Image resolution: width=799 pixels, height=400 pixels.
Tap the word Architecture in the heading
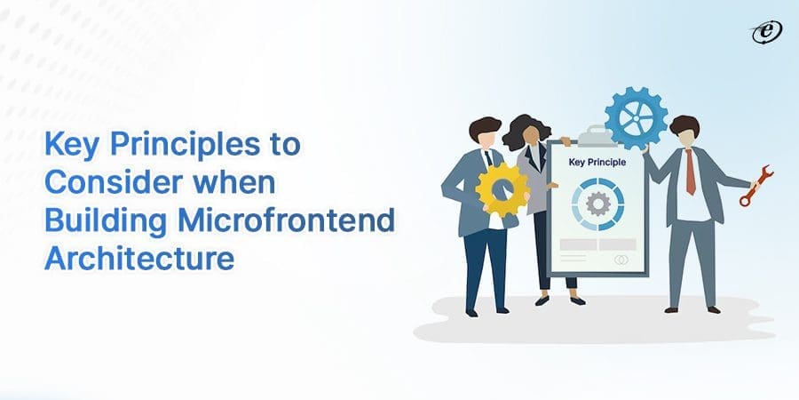tap(139, 259)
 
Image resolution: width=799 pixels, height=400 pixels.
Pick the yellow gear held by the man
tap(501, 188)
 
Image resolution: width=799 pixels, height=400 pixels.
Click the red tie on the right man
tap(690, 172)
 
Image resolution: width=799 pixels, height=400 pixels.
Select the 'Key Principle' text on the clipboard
tap(597, 163)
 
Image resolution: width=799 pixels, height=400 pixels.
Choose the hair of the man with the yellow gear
tap(484, 127)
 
